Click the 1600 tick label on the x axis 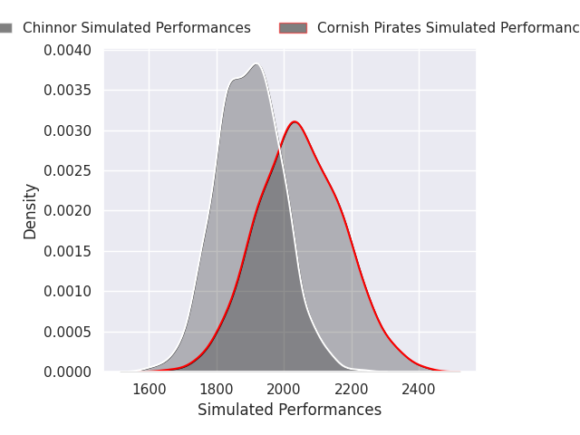[x=150, y=390]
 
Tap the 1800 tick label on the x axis [x=217, y=390]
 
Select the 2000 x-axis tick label [x=285, y=390]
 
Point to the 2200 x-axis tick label [x=352, y=390]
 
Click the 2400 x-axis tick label [x=419, y=390]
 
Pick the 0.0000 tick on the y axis [x=68, y=372]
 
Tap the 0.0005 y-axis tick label [x=68, y=332]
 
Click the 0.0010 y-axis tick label [x=68, y=291]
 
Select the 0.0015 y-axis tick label [x=68, y=251]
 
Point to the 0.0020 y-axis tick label [x=68, y=211]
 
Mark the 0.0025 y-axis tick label [x=68, y=170]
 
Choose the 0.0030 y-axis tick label [x=68, y=130]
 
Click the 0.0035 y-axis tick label [x=68, y=91]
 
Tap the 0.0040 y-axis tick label [x=68, y=50]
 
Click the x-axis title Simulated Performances [x=289, y=410]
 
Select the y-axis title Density [x=31, y=211]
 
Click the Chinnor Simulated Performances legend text [x=136, y=28]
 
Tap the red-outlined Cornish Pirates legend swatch [x=293, y=28]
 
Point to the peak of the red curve [x=295, y=121]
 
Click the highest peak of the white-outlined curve [x=256, y=64]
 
